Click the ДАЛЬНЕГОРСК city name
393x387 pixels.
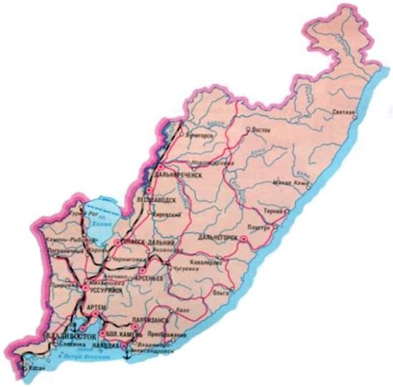pos(219,237)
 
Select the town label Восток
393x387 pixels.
pos(261,129)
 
